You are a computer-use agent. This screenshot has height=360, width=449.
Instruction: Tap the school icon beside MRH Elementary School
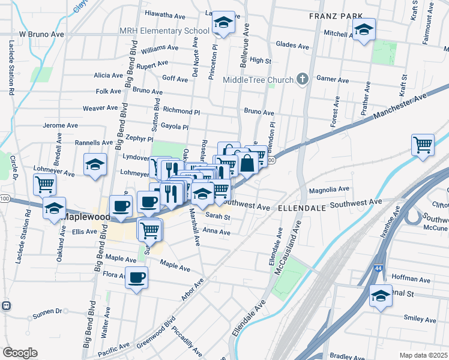223,24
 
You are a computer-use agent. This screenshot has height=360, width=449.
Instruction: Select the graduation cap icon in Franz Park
364,30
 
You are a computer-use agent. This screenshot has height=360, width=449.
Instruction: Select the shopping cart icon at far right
423,145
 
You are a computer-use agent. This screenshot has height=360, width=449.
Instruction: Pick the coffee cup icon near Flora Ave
137,278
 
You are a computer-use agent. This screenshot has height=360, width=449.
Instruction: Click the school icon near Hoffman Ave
380,296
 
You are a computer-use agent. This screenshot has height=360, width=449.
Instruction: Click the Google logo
20,352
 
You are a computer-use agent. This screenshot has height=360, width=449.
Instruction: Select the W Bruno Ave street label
41,35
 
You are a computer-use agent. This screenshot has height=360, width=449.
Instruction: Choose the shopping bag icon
247,163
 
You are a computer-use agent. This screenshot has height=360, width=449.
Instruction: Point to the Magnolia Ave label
329,190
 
